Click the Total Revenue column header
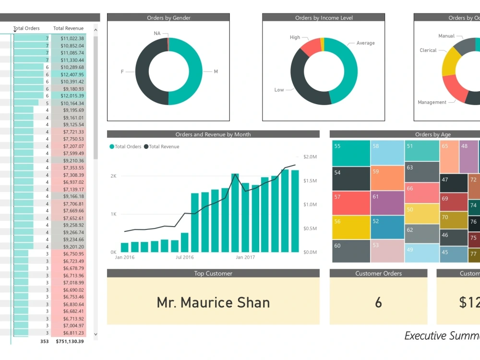[68, 28]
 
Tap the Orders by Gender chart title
[168, 18]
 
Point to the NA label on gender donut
[157, 33]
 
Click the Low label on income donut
[279, 90]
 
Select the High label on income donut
[295, 37]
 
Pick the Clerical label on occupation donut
[428, 50]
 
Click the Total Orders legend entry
[126, 146]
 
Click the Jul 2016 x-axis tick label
[185, 257]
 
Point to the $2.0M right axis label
[310, 157]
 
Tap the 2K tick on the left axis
[113, 176]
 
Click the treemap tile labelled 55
[351, 153]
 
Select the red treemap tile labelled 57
[351, 203]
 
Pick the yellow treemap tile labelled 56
[351, 228]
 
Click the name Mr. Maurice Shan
[213, 302]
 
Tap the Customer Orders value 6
[378, 302]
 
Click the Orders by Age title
[433, 134]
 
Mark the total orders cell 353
[44, 341]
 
